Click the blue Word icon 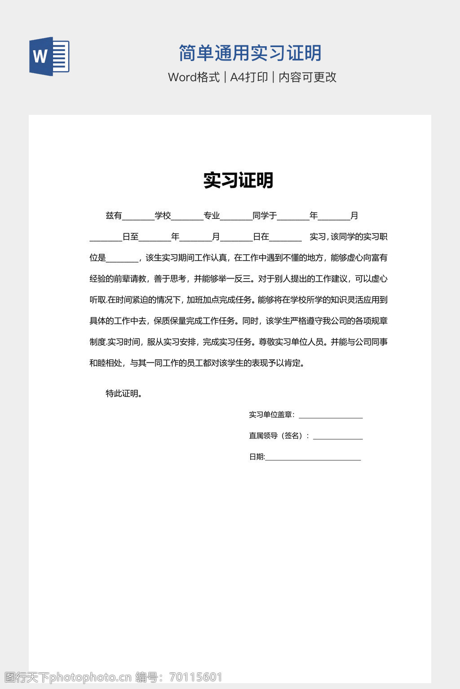coord(49,56)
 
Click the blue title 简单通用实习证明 coord(250,53)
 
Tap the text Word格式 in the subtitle coord(194,77)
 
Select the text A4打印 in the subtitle coord(249,77)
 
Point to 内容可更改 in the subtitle coord(307,77)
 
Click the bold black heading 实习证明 coord(238,180)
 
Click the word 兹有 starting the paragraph coord(114,216)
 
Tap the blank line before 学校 coord(138,218)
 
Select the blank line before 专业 coord(187,218)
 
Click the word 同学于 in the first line coord(265,216)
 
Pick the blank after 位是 coord(122,260)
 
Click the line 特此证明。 coord(124,394)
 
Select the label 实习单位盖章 coord(270,415)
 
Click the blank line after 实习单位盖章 coord(331,417)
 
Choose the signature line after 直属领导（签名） coord(338,438)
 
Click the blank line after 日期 coord(313,459)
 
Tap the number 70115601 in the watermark coord(196,677)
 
